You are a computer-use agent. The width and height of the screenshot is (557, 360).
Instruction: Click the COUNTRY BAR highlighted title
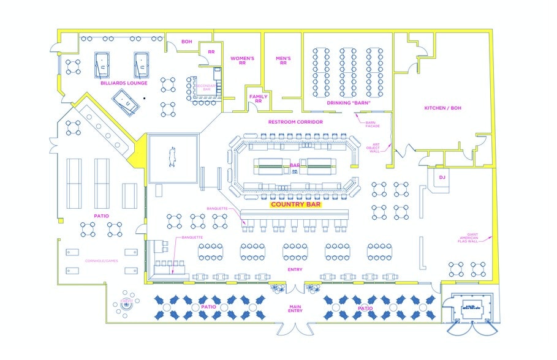click(295, 205)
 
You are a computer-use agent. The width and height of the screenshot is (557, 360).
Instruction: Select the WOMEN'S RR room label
click(242, 60)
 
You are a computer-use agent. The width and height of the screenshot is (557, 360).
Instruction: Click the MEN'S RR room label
click(283, 60)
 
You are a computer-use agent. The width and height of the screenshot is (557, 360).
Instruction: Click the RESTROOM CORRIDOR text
click(295, 122)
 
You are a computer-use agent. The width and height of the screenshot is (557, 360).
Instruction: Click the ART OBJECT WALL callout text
click(373, 148)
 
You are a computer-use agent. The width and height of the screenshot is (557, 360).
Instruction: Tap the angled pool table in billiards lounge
click(126, 101)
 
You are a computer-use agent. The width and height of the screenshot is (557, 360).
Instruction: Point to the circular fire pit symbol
click(127, 302)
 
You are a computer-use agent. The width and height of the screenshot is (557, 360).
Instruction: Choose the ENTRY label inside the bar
click(295, 269)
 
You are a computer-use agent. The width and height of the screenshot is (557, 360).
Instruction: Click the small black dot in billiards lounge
click(144, 97)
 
